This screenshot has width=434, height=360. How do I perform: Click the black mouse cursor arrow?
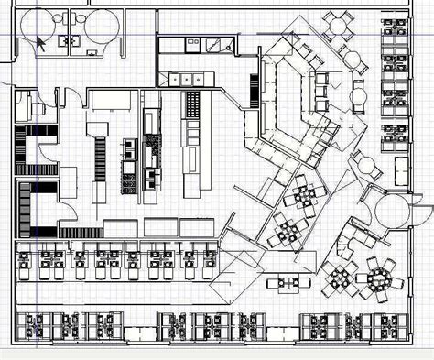(41, 40)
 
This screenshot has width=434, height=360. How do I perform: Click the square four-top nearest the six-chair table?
(339, 278)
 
